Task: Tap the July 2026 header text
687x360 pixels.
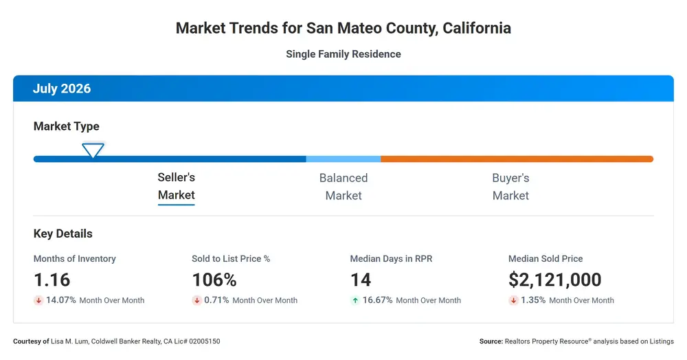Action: pyautogui.click(x=62, y=89)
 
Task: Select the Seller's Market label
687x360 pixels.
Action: pyautogui.click(x=176, y=186)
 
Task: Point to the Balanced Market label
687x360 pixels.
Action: pyautogui.click(x=343, y=187)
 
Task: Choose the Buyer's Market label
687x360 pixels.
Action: pyautogui.click(x=511, y=187)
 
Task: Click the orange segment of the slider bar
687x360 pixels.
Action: pyautogui.click(x=517, y=159)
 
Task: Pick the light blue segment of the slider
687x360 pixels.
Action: pyautogui.click(x=343, y=159)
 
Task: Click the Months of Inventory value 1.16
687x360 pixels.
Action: pyautogui.click(x=52, y=280)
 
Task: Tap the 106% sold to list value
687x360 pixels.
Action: pyautogui.click(x=214, y=280)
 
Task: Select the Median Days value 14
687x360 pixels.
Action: pyautogui.click(x=361, y=280)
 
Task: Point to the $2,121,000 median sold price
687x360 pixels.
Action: pyautogui.click(x=554, y=280)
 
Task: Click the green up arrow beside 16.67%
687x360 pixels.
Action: pyautogui.click(x=355, y=300)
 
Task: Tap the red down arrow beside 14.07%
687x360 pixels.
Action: pyautogui.click(x=38, y=300)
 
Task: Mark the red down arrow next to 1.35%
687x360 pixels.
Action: pyautogui.click(x=513, y=300)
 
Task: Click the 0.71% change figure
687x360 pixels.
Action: pyautogui.click(x=216, y=300)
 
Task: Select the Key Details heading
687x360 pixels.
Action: pyautogui.click(x=63, y=234)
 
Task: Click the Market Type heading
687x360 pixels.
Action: pyautogui.click(x=66, y=126)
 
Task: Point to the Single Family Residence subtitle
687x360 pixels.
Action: pyautogui.click(x=343, y=54)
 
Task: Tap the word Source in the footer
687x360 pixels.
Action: pyautogui.click(x=491, y=341)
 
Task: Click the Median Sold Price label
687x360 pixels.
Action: pyautogui.click(x=545, y=259)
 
